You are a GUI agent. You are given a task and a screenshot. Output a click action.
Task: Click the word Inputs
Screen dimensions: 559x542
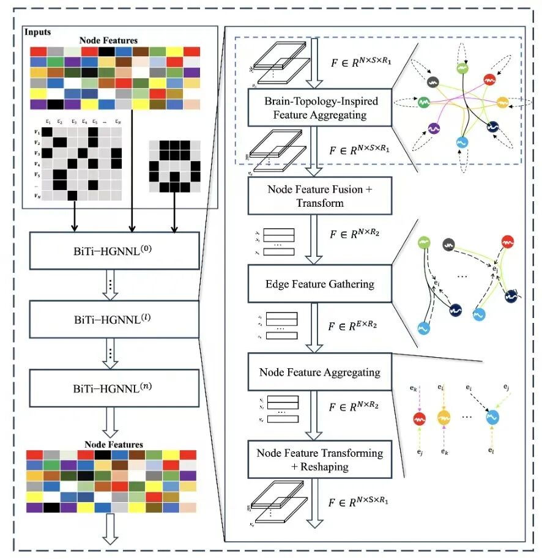pos(38,32)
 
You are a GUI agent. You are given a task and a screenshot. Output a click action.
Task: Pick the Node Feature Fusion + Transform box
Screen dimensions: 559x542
pos(320,196)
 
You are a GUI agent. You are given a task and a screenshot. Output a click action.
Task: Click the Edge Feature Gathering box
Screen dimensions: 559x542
pos(320,284)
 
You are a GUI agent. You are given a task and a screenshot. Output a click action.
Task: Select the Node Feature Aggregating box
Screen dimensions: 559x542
pos(320,372)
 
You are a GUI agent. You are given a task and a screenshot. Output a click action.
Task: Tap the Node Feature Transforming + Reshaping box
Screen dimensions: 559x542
pos(320,459)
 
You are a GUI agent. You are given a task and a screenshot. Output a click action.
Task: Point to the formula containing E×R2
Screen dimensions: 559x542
pos(353,325)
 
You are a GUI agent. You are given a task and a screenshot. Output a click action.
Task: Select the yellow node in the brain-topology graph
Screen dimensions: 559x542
pos(502,102)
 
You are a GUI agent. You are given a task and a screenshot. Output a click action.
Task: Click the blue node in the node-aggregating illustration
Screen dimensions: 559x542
pos(493,418)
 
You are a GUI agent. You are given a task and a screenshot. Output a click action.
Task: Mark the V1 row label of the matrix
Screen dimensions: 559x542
pos(37,132)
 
